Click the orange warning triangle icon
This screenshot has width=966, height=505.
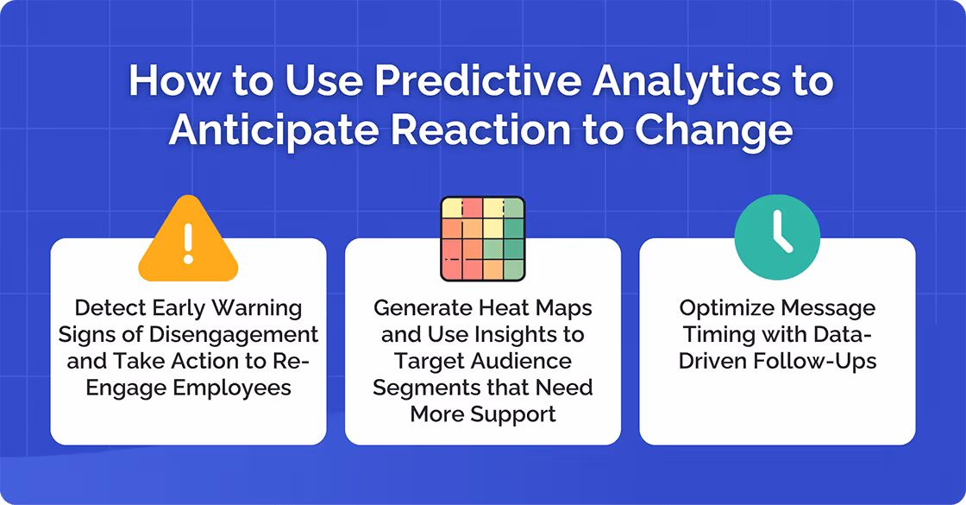(x=188, y=241)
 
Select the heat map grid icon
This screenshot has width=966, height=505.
(x=482, y=239)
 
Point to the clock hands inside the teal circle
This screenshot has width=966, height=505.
(x=780, y=236)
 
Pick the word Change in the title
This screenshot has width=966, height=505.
(x=714, y=129)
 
